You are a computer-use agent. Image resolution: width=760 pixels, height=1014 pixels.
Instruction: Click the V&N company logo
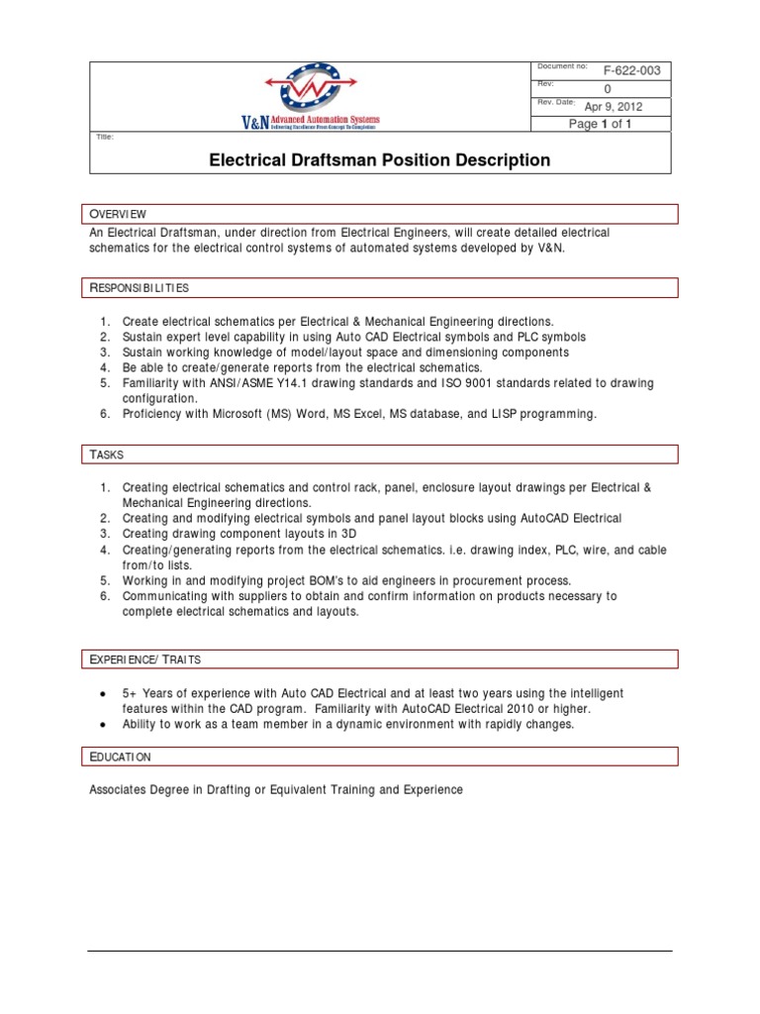point(310,96)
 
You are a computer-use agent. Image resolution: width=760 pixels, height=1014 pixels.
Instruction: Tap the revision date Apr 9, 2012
point(614,107)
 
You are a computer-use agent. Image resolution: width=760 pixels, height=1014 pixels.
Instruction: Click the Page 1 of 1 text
point(600,124)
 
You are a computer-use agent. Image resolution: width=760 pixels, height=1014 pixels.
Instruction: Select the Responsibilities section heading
point(140,287)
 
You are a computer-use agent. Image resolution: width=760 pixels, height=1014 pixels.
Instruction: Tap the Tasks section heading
point(107,454)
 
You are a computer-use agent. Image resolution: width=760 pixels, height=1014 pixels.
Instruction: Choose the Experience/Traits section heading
point(145,659)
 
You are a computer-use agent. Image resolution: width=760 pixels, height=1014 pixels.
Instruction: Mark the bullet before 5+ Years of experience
point(104,693)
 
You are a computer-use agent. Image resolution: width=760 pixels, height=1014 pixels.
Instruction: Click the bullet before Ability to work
point(104,724)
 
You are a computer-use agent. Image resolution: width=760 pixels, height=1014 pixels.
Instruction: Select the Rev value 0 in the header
point(608,89)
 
